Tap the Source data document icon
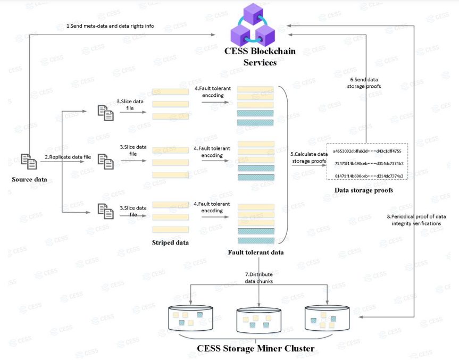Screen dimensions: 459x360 click(x=29, y=162)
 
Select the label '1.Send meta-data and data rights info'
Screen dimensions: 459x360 click(x=110, y=26)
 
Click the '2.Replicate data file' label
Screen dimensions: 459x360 click(x=68, y=157)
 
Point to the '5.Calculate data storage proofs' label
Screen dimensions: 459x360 click(x=309, y=157)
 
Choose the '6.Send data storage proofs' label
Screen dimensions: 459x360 click(x=364, y=83)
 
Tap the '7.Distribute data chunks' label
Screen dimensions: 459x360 click(x=259, y=278)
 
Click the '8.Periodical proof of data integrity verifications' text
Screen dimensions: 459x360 click(x=416, y=220)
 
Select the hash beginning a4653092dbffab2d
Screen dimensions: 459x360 click(x=367, y=152)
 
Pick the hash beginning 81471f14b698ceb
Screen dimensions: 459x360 click(x=369, y=176)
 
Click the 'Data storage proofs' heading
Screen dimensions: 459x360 click(x=364, y=190)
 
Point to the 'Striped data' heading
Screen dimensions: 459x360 click(x=170, y=242)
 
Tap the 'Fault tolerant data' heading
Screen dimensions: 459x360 click(x=256, y=252)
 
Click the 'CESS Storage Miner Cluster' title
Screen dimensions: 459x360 click(x=256, y=349)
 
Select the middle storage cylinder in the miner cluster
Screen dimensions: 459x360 click(x=259, y=321)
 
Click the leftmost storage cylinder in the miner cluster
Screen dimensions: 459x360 click(x=190, y=318)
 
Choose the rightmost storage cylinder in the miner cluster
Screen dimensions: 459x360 click(x=327, y=318)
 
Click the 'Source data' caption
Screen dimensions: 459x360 click(x=29, y=179)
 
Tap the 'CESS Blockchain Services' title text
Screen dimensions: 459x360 click(x=260, y=57)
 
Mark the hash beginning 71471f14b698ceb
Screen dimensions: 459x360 click(x=369, y=163)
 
